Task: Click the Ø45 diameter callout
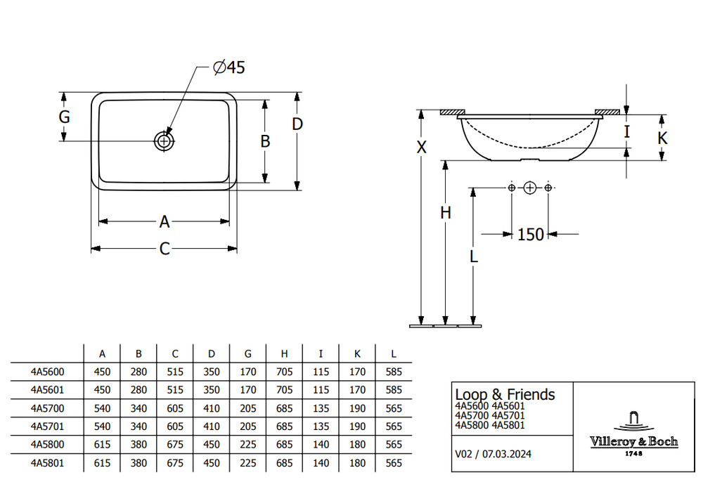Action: point(229,67)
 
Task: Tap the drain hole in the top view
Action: point(164,141)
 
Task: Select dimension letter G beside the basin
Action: point(64,117)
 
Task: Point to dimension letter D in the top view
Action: point(297,124)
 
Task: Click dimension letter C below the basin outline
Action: point(165,249)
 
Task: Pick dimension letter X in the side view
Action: point(421,147)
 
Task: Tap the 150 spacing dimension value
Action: point(530,234)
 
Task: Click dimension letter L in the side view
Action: point(473,256)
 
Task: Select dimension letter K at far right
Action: point(662,138)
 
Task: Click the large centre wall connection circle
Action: point(530,188)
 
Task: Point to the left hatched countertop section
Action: point(452,112)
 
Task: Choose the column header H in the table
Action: point(284,354)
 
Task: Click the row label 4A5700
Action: point(47,408)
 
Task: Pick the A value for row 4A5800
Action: point(102,445)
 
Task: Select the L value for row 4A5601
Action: point(394,390)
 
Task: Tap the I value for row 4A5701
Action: point(321,426)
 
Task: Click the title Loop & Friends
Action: point(505,395)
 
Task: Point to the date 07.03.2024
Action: point(507,454)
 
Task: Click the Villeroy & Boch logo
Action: point(633,434)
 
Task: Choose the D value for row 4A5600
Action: point(212,372)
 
